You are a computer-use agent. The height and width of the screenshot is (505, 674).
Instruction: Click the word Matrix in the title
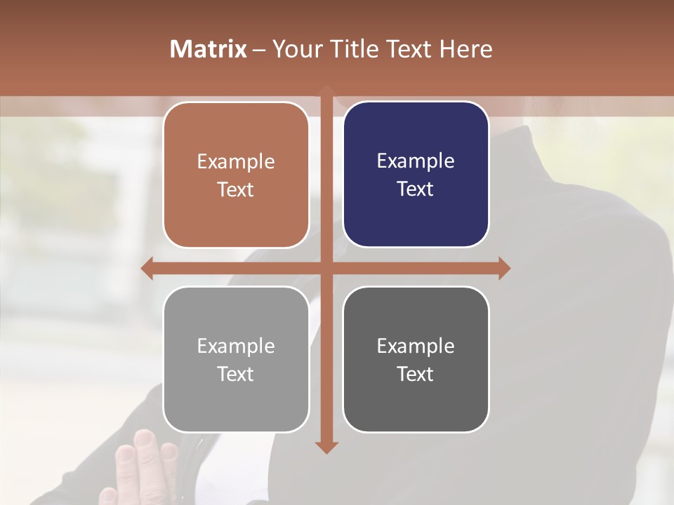coord(209,49)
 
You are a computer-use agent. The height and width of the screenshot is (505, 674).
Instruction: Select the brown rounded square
coord(236,175)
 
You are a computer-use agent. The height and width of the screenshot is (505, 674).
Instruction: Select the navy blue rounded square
coord(416,175)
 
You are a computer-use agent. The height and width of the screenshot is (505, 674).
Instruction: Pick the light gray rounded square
coord(236,359)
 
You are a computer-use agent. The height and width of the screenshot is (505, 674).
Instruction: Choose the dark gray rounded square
coord(416,359)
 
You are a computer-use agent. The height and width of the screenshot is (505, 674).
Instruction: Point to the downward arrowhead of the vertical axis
coord(326,447)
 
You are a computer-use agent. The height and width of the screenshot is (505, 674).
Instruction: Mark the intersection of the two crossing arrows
coord(326,268)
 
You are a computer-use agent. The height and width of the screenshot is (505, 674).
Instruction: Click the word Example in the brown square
coord(236,162)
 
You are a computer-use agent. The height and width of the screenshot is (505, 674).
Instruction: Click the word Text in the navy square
coord(416,189)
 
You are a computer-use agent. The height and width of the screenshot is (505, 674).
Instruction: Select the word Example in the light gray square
coord(236,346)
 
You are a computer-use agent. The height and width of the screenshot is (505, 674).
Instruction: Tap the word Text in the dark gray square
coord(416,374)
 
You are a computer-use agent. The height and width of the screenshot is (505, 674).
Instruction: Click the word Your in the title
coord(293,49)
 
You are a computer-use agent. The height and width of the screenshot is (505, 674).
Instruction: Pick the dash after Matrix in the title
coord(259,50)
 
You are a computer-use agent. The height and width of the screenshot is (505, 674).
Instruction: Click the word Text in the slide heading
coord(408,49)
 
